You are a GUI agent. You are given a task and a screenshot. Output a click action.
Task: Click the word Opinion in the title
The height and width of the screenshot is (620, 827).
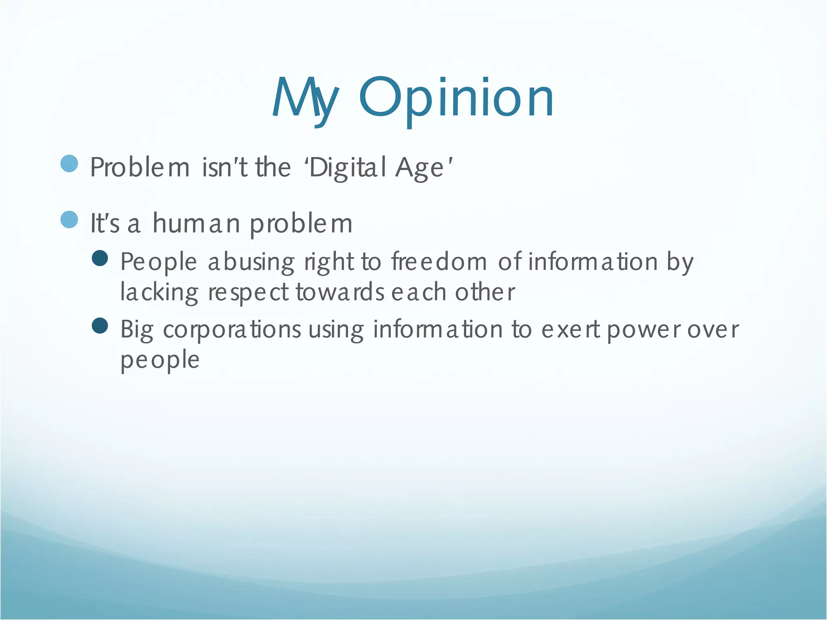pyautogui.click(x=456, y=98)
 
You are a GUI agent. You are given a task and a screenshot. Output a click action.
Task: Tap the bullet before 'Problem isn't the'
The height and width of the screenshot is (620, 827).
pyautogui.click(x=69, y=164)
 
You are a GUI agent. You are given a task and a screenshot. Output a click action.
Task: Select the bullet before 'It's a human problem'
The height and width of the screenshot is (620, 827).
pyautogui.click(x=69, y=220)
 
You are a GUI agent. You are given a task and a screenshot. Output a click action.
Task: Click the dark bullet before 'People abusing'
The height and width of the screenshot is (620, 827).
pyautogui.click(x=100, y=258)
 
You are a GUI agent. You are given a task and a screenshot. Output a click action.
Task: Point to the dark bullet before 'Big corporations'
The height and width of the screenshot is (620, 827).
pyautogui.click(x=100, y=326)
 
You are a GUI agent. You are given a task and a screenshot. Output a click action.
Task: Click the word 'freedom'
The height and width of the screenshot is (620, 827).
pyautogui.click(x=439, y=262)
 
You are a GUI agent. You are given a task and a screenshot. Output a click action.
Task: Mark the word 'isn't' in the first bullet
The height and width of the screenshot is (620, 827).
pyautogui.click(x=225, y=167)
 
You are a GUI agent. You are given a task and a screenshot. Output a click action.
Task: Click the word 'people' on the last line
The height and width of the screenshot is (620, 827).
pyautogui.click(x=160, y=360)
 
